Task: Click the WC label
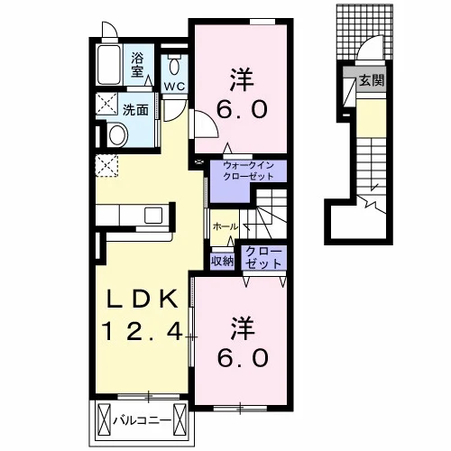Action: [x=174, y=87]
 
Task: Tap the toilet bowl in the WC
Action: [x=174, y=66]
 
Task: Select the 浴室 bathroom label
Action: [x=137, y=65]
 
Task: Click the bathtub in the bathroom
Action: [x=109, y=65]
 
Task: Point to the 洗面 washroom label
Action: [x=135, y=110]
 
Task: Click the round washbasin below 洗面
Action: [x=117, y=135]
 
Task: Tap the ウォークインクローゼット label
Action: [x=248, y=170]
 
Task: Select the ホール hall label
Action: [x=225, y=226]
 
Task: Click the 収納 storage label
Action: [x=222, y=261]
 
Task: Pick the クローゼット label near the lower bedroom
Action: [x=263, y=258]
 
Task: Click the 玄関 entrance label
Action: [x=372, y=80]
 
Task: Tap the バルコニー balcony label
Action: [x=142, y=420]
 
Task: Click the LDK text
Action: [x=143, y=299]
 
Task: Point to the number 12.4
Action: [x=143, y=331]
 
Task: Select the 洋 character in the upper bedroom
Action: [x=242, y=79]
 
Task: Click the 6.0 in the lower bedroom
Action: [x=243, y=358]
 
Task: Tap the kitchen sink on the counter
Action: [x=153, y=216]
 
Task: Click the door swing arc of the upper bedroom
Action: [x=210, y=120]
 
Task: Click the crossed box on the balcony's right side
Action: [x=180, y=419]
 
